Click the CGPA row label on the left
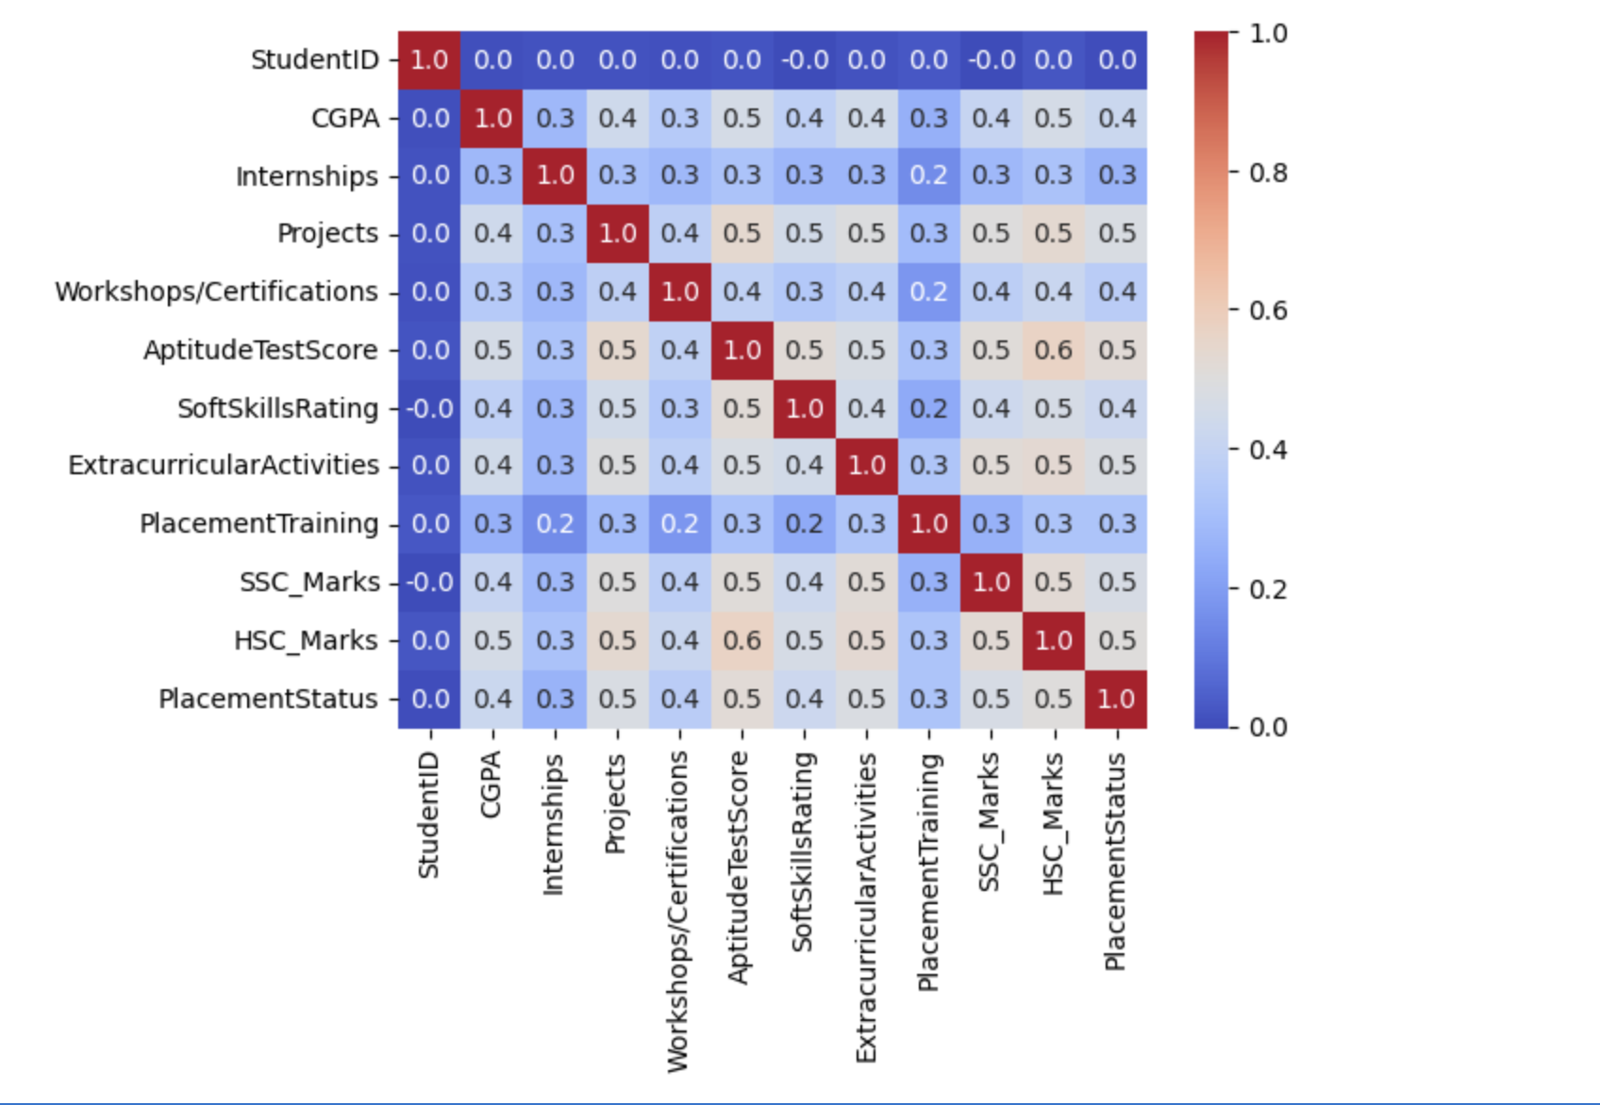click(x=344, y=119)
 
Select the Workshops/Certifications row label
click(x=216, y=292)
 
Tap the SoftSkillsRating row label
click(x=277, y=408)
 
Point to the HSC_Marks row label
click(x=306, y=641)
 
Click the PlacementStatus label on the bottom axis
click(x=1115, y=861)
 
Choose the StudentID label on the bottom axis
click(x=429, y=816)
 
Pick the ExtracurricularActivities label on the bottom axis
click(x=866, y=907)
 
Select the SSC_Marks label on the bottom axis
click(x=990, y=822)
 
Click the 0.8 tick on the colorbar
click(x=1268, y=173)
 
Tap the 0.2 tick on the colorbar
click(x=1268, y=589)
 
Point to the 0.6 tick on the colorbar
click(x=1268, y=311)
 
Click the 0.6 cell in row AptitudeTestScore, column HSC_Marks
click(x=1054, y=351)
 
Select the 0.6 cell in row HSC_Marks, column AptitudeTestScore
click(x=742, y=641)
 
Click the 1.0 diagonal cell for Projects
click(x=618, y=234)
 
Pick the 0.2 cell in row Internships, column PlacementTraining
click(x=929, y=176)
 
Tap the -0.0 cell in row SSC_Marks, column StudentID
click(x=429, y=583)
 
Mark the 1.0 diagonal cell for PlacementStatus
click(x=1116, y=700)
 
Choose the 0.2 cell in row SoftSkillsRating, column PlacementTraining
click(x=929, y=409)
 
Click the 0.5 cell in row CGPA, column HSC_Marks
click(x=1054, y=119)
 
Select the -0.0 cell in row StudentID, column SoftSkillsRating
click(x=805, y=60)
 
